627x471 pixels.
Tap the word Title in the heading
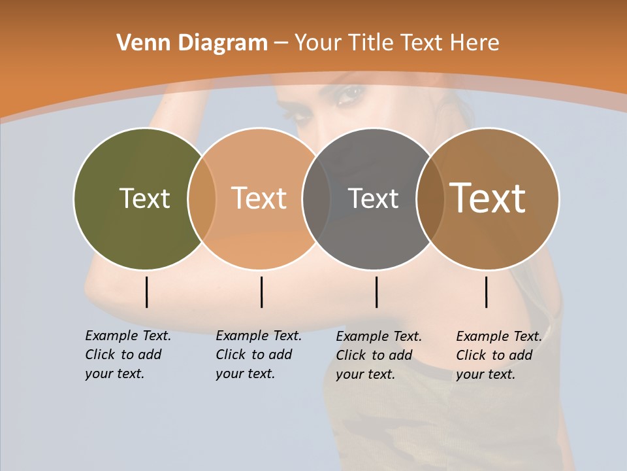[370, 43]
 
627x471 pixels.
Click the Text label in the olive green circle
[144, 198]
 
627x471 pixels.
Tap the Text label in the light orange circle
[259, 198]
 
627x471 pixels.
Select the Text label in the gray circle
[373, 198]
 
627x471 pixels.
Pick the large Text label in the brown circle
[488, 198]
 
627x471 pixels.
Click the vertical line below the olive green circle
[146, 292]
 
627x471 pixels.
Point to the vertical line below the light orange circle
[261, 292]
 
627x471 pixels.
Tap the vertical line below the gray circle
[376, 292]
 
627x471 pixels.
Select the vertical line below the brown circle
[486, 292]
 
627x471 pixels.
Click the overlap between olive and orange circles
[202, 199]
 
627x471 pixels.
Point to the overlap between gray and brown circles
[429, 199]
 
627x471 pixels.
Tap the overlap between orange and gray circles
[315, 199]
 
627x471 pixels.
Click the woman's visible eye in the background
[351, 95]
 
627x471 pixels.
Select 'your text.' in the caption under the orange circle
[245, 374]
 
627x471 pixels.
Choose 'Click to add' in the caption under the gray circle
[374, 355]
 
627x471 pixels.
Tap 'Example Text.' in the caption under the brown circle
[499, 336]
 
